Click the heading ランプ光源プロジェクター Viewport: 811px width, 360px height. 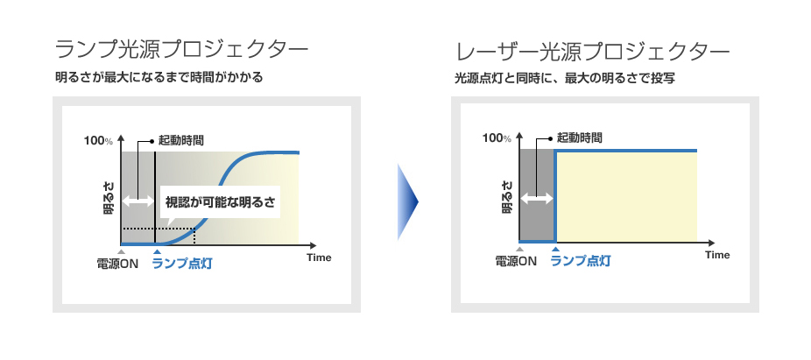pyautogui.click(x=181, y=50)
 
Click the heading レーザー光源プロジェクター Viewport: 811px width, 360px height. pyautogui.click(x=593, y=52)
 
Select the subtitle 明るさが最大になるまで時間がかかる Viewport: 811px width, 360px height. pyautogui.click(x=159, y=78)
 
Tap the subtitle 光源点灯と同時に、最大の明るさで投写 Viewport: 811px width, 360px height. pyautogui.click(x=565, y=79)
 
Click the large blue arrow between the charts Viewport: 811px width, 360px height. pyautogui.click(x=407, y=201)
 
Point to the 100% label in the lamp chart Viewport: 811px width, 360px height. pyautogui.click(x=98, y=140)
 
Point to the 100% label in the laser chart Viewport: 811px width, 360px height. pyautogui.click(x=497, y=138)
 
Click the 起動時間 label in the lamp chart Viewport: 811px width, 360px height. pyautogui.click(x=180, y=140)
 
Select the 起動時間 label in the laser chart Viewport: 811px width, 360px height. pyautogui.click(x=579, y=138)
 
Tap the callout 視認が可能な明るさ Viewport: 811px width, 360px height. pyautogui.click(x=221, y=201)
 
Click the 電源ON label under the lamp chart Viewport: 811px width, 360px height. pyautogui.click(x=117, y=264)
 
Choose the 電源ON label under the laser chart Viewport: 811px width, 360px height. pyautogui.click(x=516, y=261)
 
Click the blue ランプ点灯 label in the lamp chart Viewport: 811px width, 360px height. pyautogui.click(x=181, y=264)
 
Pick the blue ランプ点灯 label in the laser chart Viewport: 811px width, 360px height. pyautogui.click(x=581, y=261)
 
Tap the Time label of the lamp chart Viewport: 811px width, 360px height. pyautogui.click(x=319, y=258)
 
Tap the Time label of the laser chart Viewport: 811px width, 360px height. pyautogui.click(x=717, y=255)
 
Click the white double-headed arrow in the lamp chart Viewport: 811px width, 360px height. pyautogui.click(x=138, y=201)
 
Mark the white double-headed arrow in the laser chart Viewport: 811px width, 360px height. pyautogui.click(x=537, y=198)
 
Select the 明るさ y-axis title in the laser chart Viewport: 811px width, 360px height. pyautogui.click(x=507, y=197)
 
